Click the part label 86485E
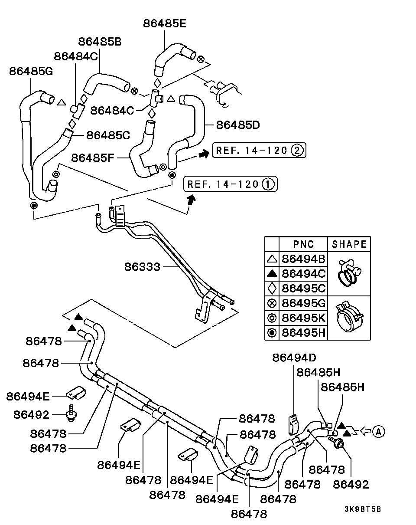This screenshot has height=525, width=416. (165, 24)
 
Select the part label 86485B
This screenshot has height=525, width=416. (100, 42)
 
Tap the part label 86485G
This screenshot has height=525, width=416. (31, 72)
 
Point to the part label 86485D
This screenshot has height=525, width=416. (238, 125)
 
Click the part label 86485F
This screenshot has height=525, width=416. (93, 158)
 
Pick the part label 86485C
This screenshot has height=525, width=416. (108, 135)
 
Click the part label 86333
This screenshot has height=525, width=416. (142, 267)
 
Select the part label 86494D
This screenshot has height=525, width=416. (294, 358)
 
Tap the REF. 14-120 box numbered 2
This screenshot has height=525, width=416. (259, 150)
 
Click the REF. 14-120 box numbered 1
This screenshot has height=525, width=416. (231, 184)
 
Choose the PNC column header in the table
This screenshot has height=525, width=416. (303, 244)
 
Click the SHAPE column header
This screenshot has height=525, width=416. (349, 244)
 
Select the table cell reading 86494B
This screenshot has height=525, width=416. (303, 259)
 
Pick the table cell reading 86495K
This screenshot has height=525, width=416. (303, 318)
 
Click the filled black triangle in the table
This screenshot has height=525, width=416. (272, 274)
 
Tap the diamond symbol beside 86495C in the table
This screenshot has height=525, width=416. (272, 289)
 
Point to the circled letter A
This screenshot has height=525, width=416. (378, 432)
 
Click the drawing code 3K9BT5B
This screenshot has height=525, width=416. (363, 509)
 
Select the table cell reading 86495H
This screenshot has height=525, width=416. (303, 333)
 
